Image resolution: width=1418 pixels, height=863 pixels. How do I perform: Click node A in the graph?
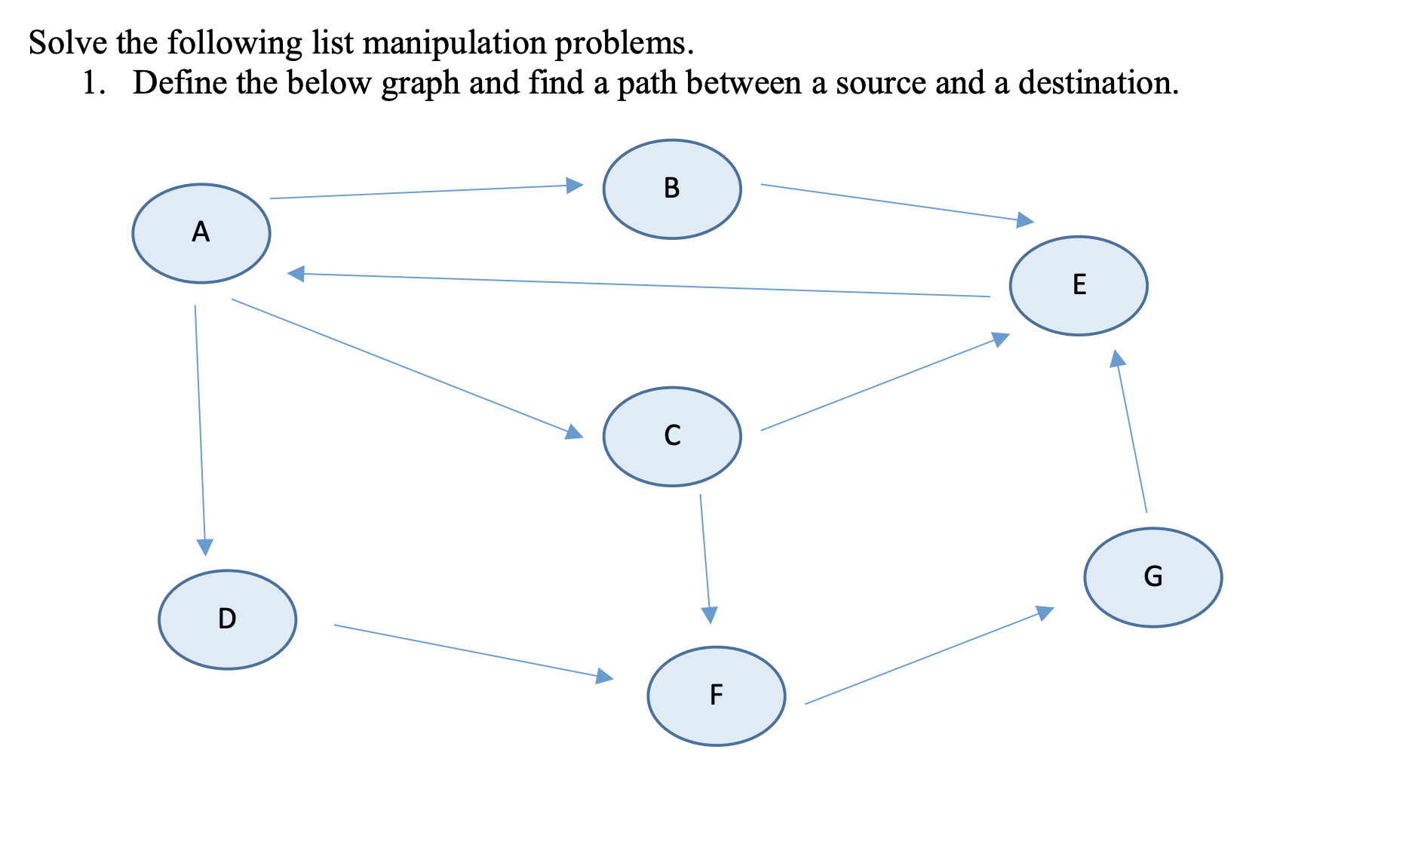201,233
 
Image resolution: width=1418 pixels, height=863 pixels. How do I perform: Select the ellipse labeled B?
671,189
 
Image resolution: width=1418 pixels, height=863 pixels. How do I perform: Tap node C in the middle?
671,437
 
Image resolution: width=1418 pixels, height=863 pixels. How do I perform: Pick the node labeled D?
227,619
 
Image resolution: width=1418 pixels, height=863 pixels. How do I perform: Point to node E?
1078,286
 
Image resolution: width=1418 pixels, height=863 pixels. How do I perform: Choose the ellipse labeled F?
716,696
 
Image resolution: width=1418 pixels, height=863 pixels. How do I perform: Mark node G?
1153,577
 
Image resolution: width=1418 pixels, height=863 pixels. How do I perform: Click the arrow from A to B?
426,192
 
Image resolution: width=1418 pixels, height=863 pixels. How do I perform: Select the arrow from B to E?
898,202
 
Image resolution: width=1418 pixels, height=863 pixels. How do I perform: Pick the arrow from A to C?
407,367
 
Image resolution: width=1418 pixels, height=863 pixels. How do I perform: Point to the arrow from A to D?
200,430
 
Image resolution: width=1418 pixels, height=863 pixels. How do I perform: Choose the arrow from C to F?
705,558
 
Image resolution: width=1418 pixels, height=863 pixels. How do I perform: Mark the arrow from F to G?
929,656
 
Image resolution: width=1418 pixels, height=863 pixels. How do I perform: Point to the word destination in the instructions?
1097,82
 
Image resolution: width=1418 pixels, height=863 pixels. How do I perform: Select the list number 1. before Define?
93,82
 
